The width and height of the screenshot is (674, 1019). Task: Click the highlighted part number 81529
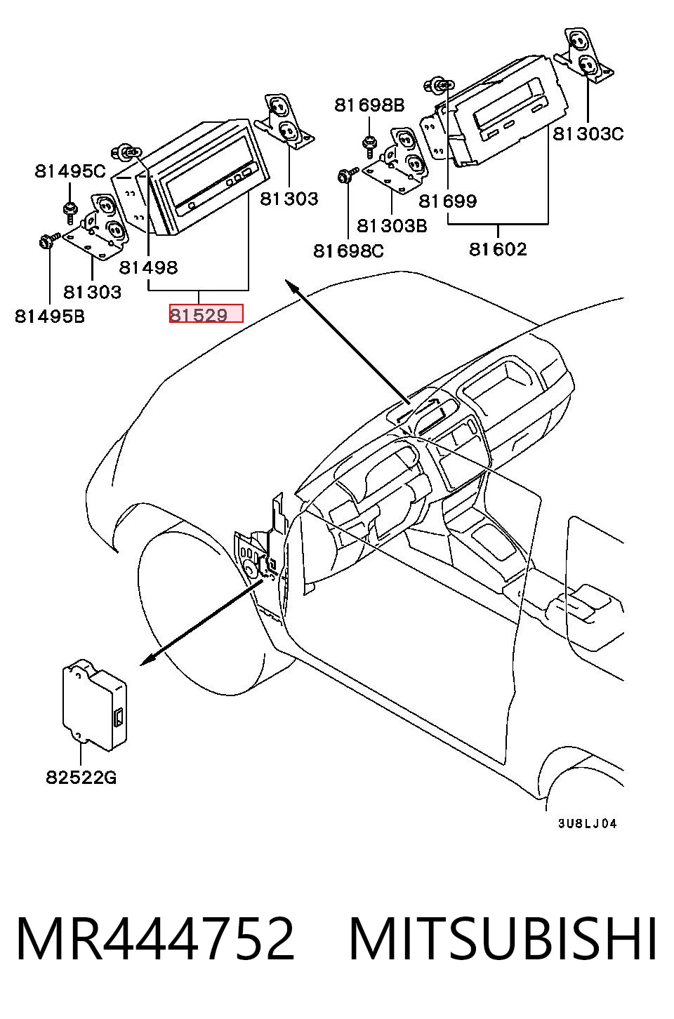[199, 314]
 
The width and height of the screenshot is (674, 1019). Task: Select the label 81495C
[70, 171]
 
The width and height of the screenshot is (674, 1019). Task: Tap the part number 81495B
[50, 317]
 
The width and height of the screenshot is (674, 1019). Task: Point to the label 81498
[148, 267]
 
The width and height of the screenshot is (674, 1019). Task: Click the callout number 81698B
[369, 105]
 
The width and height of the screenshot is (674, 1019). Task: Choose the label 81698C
[349, 251]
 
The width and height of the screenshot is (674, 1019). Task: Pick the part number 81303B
[392, 226]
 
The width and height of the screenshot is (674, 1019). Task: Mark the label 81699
[448, 201]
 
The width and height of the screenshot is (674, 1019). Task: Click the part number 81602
[498, 249]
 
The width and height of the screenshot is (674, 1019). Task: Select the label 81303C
[588, 134]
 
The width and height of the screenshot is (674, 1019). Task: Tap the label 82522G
[81, 778]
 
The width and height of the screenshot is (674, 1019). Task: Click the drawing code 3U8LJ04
[588, 823]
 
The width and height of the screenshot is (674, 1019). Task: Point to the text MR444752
[156, 940]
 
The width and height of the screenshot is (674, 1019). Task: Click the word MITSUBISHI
[503, 940]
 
